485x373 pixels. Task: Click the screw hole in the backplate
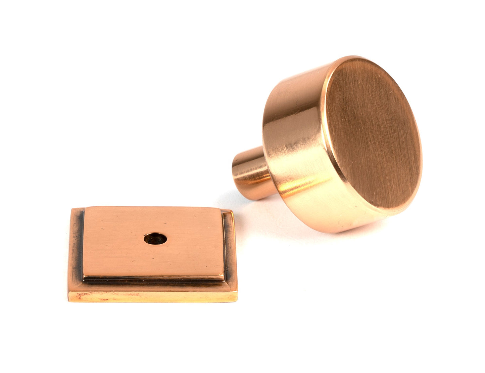click(155, 239)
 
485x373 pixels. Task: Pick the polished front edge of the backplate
click(153, 296)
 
